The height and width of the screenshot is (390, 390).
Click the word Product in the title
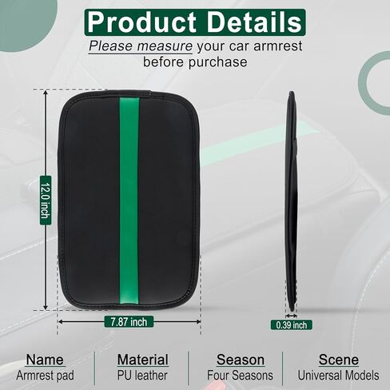[141, 22]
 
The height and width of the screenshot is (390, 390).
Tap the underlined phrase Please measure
[141, 46]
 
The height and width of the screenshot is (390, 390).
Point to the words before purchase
[195, 62]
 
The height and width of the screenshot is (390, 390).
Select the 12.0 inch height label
[46, 201]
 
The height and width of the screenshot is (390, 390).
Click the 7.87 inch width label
[129, 322]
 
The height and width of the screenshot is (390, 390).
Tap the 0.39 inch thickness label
[292, 325]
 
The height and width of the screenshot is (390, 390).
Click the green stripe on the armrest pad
[129, 201]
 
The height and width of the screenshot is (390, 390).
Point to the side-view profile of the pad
[292, 201]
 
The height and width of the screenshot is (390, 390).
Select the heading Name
[45, 360]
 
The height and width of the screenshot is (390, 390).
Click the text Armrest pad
[45, 376]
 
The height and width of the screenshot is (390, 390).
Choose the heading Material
[143, 360]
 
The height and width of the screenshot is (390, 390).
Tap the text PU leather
[142, 376]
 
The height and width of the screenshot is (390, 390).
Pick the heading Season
[241, 360]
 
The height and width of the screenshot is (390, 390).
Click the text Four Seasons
[240, 376]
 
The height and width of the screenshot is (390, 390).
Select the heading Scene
[339, 360]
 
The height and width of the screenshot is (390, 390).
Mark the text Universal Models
[338, 376]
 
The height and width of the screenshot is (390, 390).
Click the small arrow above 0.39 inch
[291, 316]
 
